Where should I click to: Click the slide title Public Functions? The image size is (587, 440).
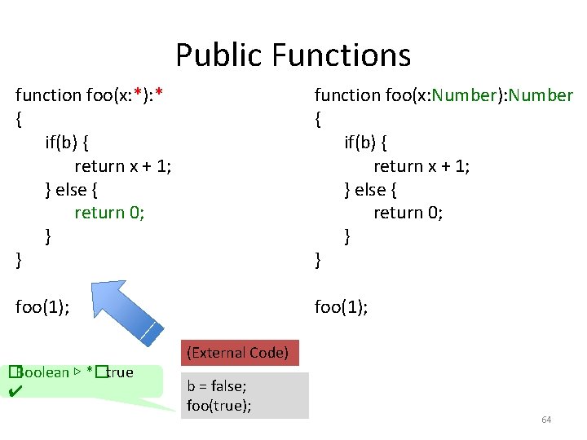(x=293, y=55)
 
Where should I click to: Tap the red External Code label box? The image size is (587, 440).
(x=237, y=353)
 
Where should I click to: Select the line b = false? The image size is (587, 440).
(x=216, y=387)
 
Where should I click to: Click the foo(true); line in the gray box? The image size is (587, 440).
(x=218, y=404)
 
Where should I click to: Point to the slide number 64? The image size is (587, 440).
(x=546, y=420)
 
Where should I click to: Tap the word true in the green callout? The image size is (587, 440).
(x=119, y=372)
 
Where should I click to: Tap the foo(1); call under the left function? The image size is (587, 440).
(x=42, y=307)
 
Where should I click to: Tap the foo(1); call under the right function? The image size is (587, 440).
(x=342, y=307)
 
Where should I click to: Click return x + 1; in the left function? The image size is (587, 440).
(x=122, y=165)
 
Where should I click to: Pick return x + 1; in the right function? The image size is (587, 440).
(x=421, y=165)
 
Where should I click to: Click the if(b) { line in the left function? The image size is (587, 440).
(x=68, y=142)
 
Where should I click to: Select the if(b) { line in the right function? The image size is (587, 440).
(x=366, y=142)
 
